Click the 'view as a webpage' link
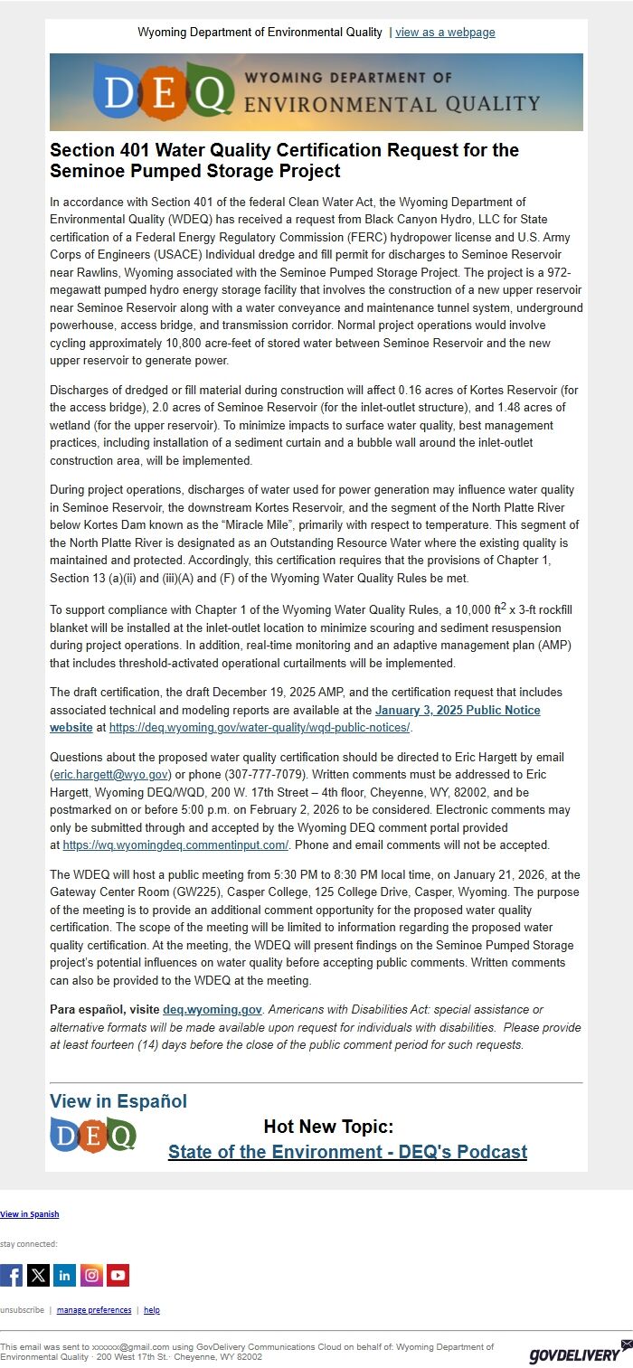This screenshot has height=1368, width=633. (x=445, y=33)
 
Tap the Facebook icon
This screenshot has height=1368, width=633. (x=12, y=1275)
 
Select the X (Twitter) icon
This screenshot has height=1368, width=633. (x=38, y=1275)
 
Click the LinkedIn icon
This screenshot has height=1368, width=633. (x=65, y=1275)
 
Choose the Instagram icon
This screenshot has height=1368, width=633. (x=91, y=1275)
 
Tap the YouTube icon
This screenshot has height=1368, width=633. (x=118, y=1275)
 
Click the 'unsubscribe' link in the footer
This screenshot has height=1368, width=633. (x=22, y=1310)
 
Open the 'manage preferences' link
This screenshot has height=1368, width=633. (x=93, y=1310)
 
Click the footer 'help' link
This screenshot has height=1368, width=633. (x=152, y=1310)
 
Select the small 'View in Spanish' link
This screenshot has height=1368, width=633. (x=30, y=1214)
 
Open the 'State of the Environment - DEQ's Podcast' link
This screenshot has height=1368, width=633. (x=347, y=1152)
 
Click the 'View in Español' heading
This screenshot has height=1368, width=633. (x=118, y=1101)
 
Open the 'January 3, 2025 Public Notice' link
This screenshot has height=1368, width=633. (x=458, y=711)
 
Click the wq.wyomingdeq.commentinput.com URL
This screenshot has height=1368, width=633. (x=175, y=845)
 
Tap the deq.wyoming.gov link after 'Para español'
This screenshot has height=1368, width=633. (x=213, y=1010)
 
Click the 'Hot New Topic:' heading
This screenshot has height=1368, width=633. (x=328, y=1127)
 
